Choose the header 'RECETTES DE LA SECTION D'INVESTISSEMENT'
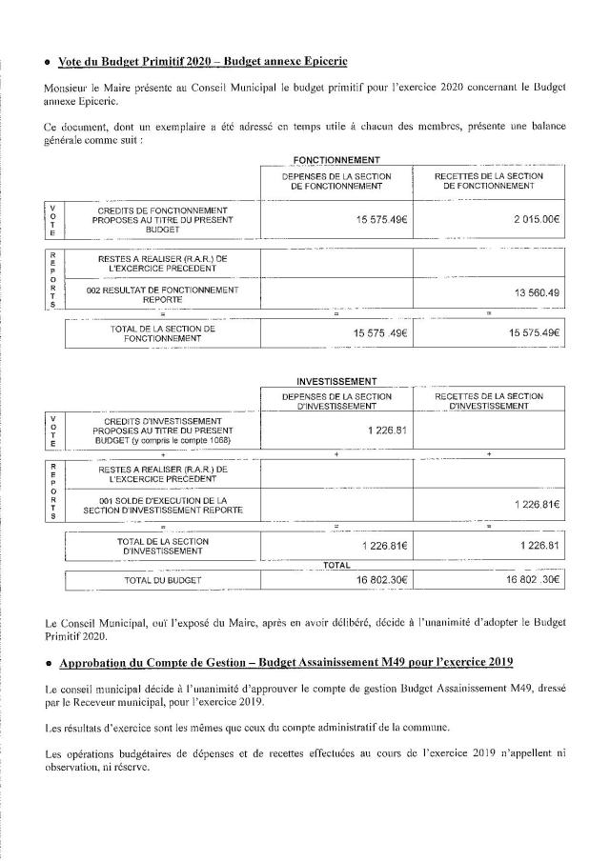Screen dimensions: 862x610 point(488,401)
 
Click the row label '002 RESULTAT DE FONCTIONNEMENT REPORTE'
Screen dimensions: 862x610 point(162,293)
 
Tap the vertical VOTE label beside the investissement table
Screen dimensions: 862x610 point(52,431)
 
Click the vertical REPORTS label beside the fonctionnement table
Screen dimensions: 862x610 point(52,280)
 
